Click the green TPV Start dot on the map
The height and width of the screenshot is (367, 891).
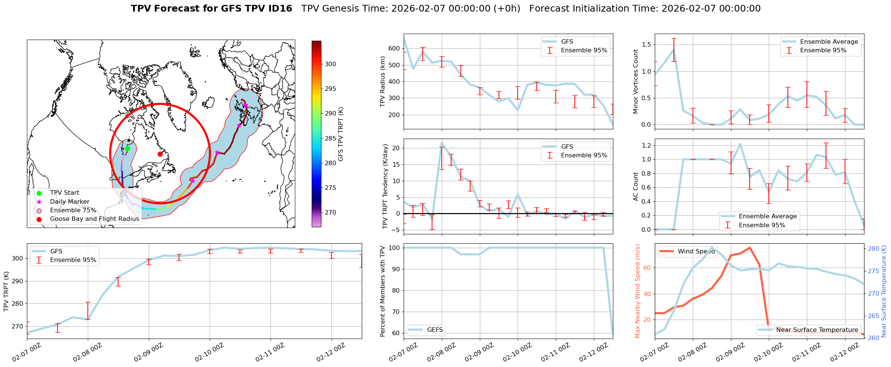click(x=127, y=148)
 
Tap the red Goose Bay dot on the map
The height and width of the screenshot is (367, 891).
click(x=160, y=154)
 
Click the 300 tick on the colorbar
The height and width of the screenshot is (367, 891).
click(x=330, y=64)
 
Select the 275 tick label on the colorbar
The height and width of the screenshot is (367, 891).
click(x=330, y=188)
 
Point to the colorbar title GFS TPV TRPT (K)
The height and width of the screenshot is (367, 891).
click(x=341, y=134)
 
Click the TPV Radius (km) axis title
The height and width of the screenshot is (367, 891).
click(x=382, y=81)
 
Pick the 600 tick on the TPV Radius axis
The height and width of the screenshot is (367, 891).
click(x=394, y=48)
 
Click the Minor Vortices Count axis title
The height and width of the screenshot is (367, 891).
click(x=636, y=81)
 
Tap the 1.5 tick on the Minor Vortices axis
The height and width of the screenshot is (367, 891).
click(x=646, y=45)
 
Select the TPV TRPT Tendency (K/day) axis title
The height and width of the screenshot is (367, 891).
click(x=385, y=186)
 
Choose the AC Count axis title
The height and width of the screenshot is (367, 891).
click(x=636, y=186)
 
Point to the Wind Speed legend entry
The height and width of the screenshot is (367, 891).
click(x=696, y=251)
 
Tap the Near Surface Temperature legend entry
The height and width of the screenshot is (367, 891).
click(x=817, y=330)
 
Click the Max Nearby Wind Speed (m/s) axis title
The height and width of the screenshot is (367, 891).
click(x=638, y=291)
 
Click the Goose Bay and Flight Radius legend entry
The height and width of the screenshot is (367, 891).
click(x=94, y=219)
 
